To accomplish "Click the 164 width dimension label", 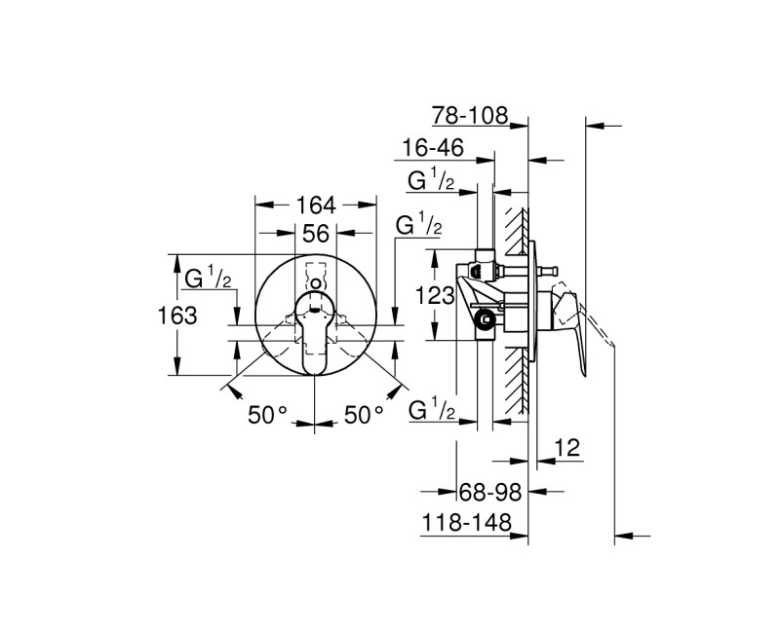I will click(315, 205).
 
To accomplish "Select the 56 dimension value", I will click(315, 234).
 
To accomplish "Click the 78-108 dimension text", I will click(472, 116).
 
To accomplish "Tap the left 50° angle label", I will click(267, 415).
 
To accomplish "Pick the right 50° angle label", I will click(364, 415).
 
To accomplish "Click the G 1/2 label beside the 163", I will click(208, 279).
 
